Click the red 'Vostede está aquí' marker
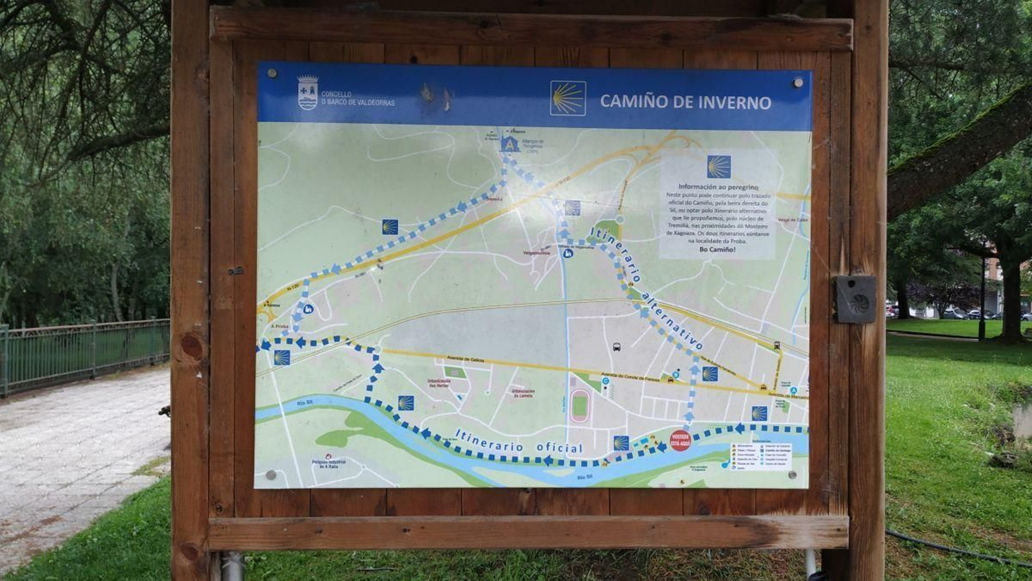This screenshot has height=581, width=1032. pos(680,441)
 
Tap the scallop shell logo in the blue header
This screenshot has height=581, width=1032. pos(568,98)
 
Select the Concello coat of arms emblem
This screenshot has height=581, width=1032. pos(308,93)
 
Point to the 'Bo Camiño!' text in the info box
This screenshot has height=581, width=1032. pos(717,249)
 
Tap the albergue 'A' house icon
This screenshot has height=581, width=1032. pos(510,144)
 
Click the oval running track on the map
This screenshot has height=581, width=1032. pos(579,406)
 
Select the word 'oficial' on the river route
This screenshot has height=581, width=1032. pos(559,447)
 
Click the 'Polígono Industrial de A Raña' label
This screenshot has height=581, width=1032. pos(329,464)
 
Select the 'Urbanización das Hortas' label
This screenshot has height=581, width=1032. pos(439,382)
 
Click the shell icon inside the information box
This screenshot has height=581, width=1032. pos(719,167)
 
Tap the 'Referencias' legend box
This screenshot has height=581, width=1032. pos(761,456)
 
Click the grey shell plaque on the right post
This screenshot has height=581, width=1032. pos(856,300)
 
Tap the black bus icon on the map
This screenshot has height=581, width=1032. pos(617,347)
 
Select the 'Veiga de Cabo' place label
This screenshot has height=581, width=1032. pos(793,220)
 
